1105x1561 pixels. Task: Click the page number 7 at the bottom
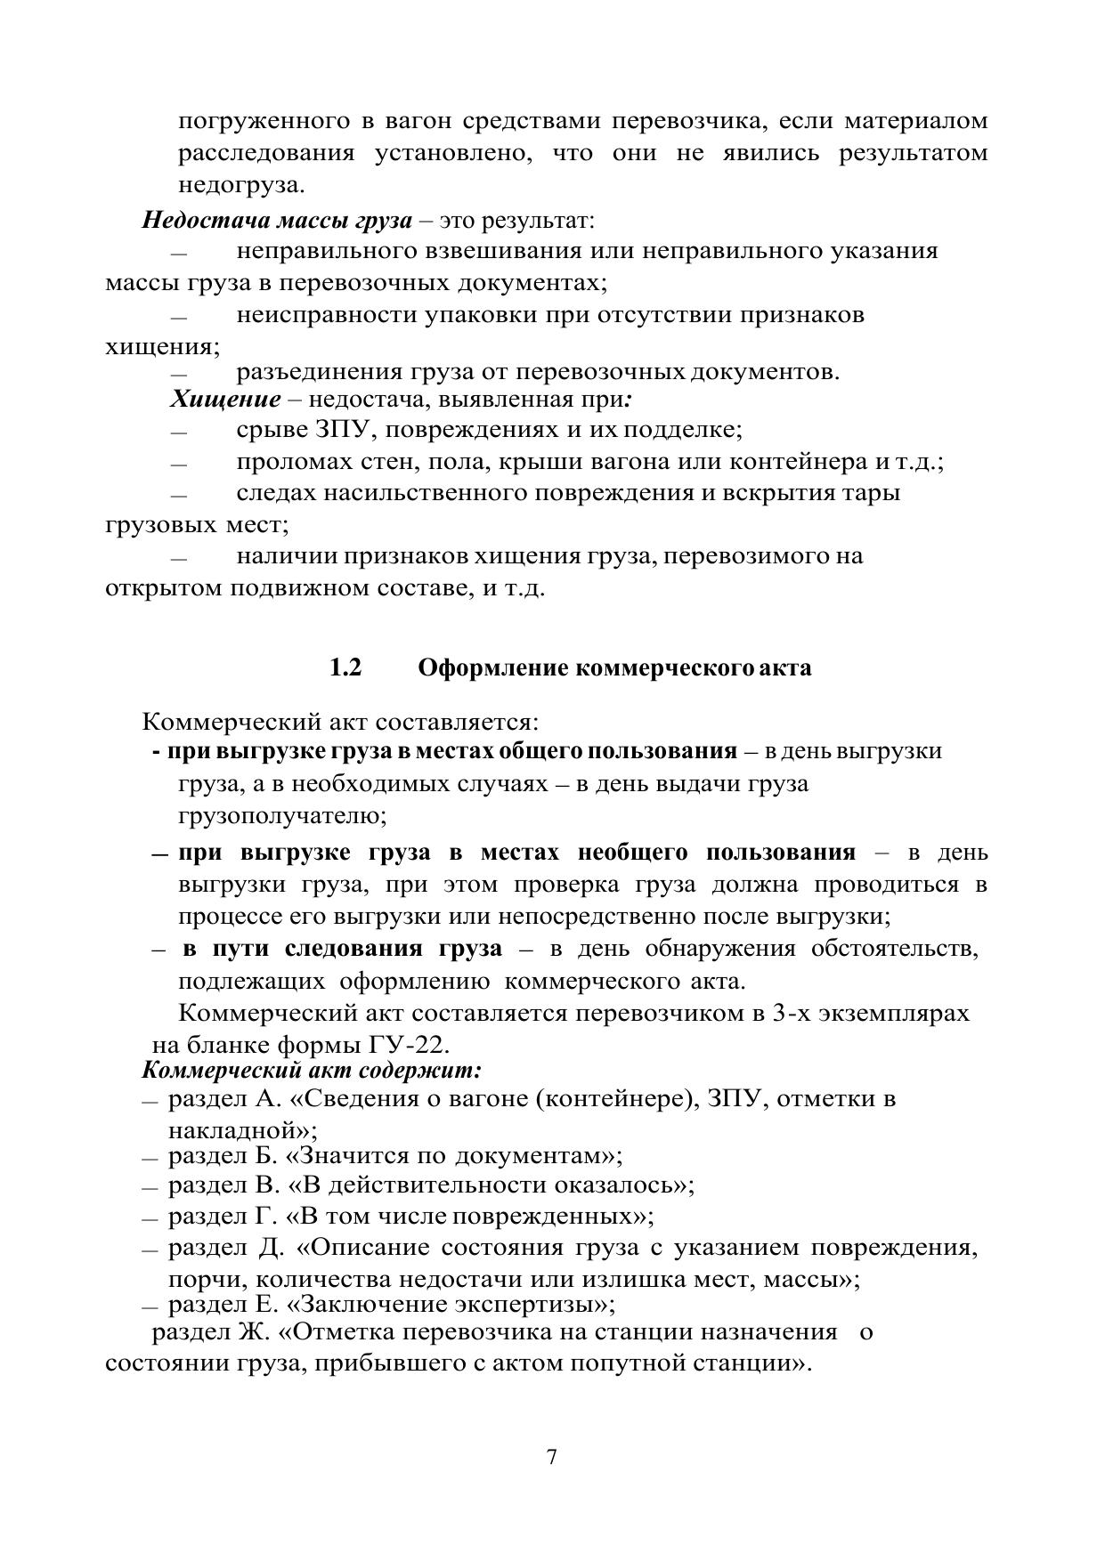click(x=552, y=1457)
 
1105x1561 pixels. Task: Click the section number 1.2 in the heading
click(x=345, y=667)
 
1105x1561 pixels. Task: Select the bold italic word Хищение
click(x=225, y=399)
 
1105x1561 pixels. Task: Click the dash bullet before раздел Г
click(x=150, y=1217)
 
